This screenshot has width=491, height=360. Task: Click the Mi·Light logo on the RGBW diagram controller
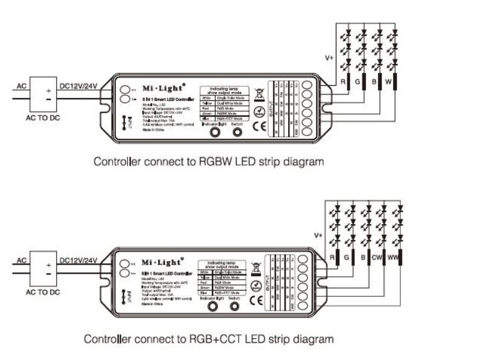pyautogui.click(x=161, y=86)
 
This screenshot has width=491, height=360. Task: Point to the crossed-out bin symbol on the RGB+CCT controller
pyautogui.click(x=255, y=266)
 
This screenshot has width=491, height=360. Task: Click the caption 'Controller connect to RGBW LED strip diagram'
pyautogui.click(x=208, y=162)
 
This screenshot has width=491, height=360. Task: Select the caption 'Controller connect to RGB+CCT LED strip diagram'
pyautogui.click(x=208, y=339)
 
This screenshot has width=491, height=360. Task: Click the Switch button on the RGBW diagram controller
pyautogui.click(x=237, y=131)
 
